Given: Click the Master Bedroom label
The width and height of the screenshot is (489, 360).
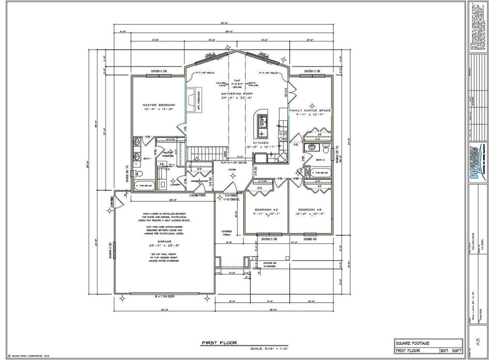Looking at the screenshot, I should click(x=159, y=105).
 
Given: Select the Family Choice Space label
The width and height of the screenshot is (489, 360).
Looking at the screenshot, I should click(x=310, y=110).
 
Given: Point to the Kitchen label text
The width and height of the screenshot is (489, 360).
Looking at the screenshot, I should click(x=261, y=143).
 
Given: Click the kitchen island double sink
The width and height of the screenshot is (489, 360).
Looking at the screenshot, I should click(x=262, y=122).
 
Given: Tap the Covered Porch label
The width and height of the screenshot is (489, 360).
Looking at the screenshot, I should click(x=226, y=233).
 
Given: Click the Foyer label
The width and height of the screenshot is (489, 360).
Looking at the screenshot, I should click(x=232, y=169).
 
